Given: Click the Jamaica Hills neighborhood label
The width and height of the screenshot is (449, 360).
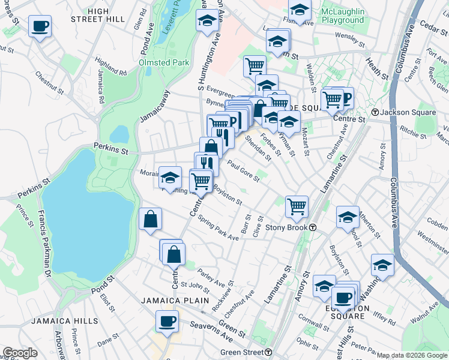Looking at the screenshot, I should [70, 321].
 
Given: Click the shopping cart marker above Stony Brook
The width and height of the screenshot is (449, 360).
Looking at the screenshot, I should [297, 206].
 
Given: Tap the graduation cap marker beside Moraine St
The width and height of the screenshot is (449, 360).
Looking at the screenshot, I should [170, 177].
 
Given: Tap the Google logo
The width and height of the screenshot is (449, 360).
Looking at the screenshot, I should [20, 353].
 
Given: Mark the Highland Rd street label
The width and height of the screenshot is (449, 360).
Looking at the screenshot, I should [110, 67].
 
